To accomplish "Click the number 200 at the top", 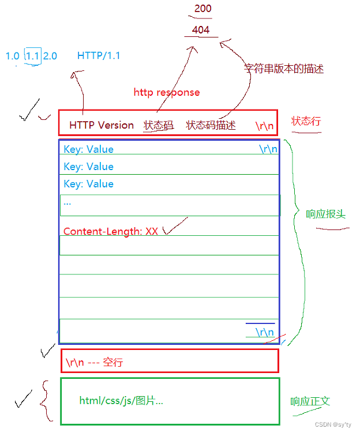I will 203,9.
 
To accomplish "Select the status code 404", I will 201,30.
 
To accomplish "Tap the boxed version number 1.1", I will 33,56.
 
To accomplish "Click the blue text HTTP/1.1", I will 99,56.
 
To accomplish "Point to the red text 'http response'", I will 167,92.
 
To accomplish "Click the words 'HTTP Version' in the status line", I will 102,125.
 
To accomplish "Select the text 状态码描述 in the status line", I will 211,125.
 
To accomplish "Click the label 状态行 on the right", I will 306,121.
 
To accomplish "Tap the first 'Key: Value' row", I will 89,149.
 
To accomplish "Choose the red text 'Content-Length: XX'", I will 111,231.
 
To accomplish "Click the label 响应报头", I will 326,214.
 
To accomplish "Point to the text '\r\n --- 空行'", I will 94,363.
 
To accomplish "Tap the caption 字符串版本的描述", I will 284,69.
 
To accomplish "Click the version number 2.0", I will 50,56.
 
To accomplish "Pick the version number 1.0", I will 13,56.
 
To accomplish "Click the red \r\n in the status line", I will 265,125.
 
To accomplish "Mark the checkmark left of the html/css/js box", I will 23,399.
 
